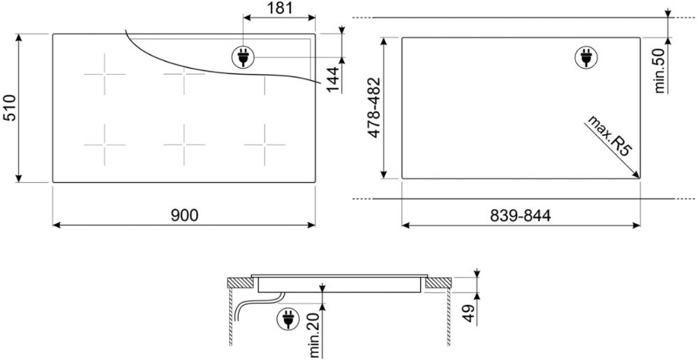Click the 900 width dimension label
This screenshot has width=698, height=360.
pos(184,216)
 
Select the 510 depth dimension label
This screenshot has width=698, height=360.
pos(10,107)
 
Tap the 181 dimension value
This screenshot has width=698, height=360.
pos(280,8)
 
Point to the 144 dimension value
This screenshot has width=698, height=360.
pos(334,80)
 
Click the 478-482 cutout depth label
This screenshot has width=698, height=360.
pos(374,107)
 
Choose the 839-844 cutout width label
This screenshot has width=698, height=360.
pos(521,216)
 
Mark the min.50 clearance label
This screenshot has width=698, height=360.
pos(660,70)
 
